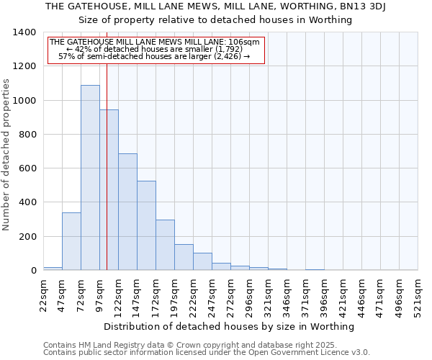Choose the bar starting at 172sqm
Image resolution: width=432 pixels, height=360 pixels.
tap(165, 245)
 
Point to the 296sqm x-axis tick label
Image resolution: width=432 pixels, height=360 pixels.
tap(250, 296)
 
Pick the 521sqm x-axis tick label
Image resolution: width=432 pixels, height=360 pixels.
tap(418, 296)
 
